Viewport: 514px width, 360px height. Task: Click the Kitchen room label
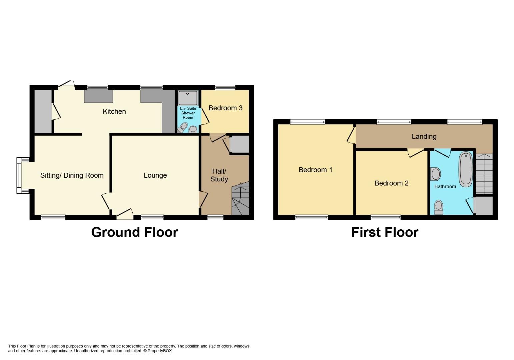(x=114, y=112)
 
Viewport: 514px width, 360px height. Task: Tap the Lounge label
(x=155, y=175)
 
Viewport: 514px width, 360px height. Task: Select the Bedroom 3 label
(x=225, y=108)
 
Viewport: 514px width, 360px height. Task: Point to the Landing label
(x=424, y=137)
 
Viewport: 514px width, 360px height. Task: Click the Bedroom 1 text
(x=316, y=170)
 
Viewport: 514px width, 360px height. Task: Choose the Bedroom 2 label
(x=391, y=183)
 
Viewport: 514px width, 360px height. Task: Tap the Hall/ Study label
(x=219, y=175)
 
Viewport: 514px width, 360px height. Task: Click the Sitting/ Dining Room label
(x=72, y=175)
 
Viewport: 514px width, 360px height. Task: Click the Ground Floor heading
(x=135, y=232)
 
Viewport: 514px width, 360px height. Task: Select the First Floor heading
(x=385, y=232)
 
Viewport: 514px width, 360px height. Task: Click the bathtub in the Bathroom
(x=466, y=170)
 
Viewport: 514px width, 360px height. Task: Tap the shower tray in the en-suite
(x=188, y=98)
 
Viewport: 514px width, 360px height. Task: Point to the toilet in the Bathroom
(x=439, y=207)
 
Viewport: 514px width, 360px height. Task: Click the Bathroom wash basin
(x=435, y=174)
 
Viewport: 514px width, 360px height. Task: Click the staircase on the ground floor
(x=240, y=198)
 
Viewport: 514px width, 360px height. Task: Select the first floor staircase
(x=484, y=174)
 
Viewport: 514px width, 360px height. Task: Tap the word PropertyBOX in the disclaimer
(x=159, y=351)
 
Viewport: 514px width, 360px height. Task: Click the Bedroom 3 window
(x=225, y=87)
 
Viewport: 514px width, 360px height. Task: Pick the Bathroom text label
(x=445, y=187)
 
